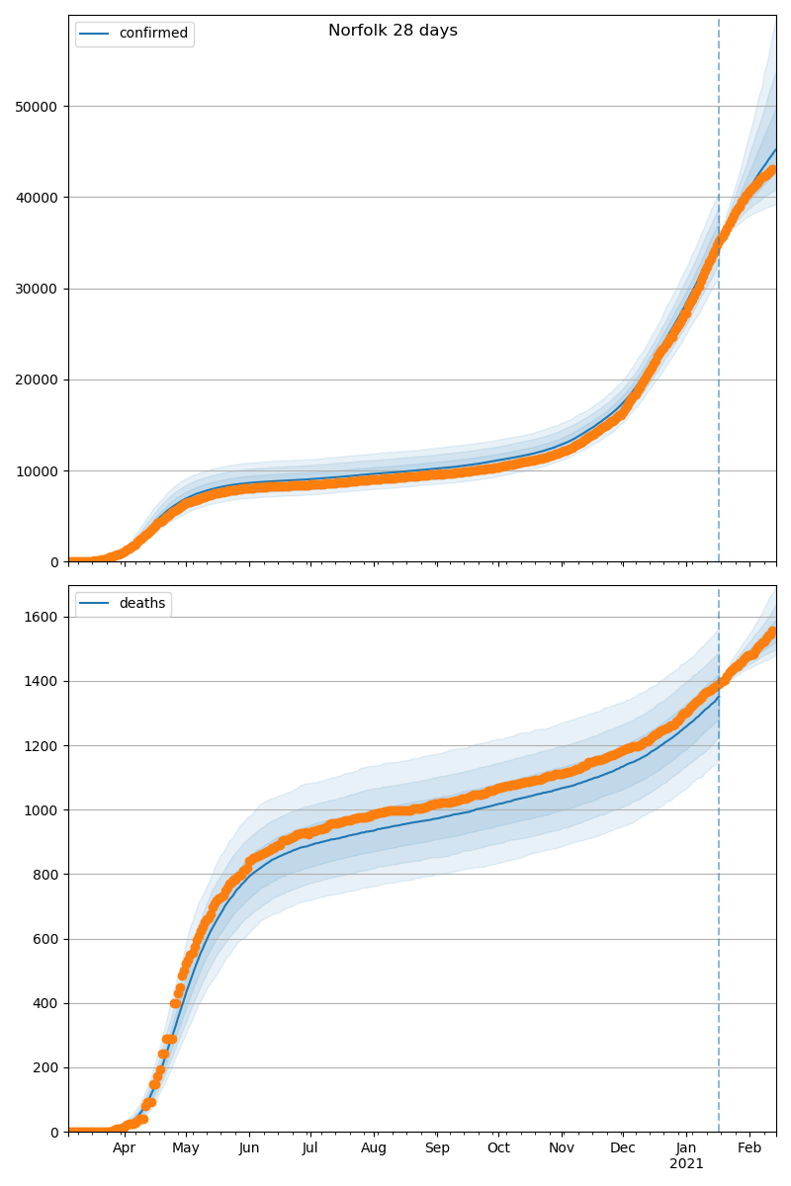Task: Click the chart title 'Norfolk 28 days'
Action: coord(393,31)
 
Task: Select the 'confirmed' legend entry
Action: coord(152,34)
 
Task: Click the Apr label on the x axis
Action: coord(124,1148)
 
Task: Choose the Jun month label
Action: coord(249,1148)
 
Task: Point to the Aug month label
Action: coord(374,1148)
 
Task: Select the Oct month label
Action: coord(498,1148)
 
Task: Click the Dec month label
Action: coord(623,1148)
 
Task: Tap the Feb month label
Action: coord(749,1148)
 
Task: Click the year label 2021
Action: coord(686,1164)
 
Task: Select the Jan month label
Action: coord(686,1148)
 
